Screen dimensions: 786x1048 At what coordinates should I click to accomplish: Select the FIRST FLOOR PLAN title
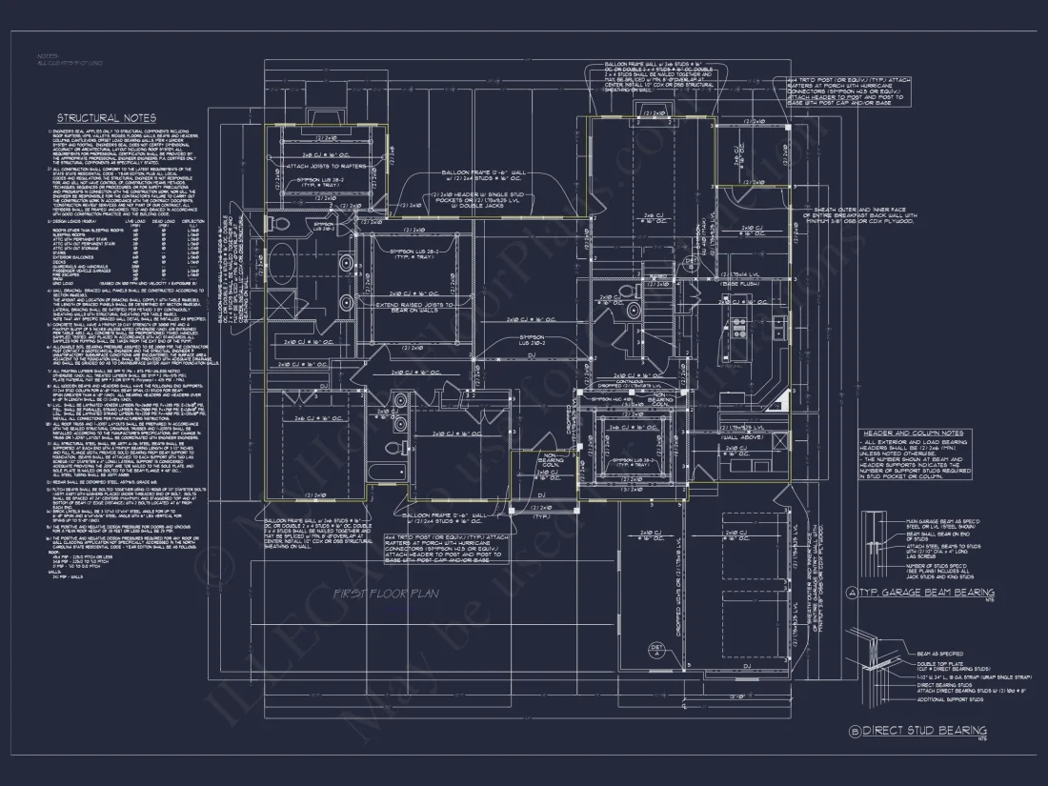384,594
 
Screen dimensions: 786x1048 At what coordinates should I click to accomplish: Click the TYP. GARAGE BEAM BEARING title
921,592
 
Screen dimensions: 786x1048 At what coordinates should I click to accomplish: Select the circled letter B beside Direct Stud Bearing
852,730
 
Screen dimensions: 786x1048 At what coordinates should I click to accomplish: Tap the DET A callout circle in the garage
655,650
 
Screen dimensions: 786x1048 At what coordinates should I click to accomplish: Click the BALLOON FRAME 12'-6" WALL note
481,173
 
